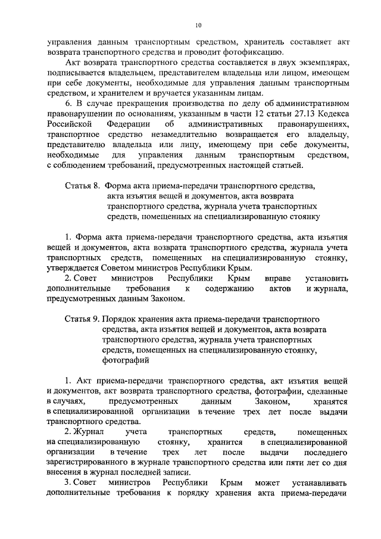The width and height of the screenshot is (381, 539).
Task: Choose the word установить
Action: pos(326,279)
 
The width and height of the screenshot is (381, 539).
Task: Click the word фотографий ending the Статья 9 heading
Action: pos(124,360)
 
